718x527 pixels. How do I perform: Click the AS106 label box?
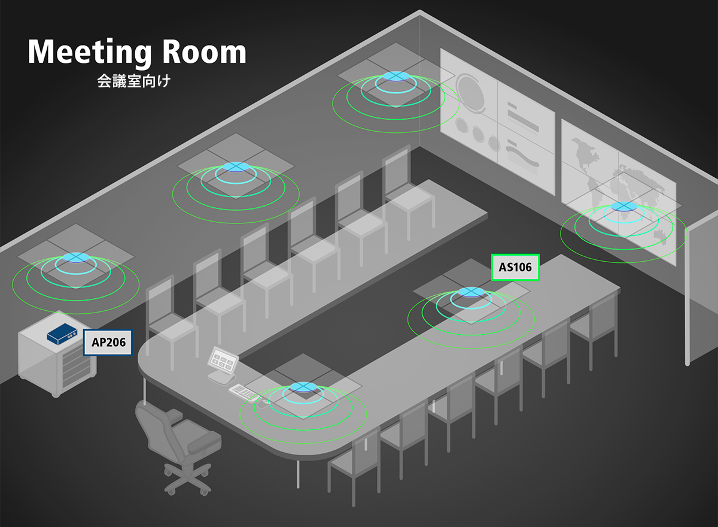click(x=515, y=268)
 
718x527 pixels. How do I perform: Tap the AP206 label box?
click(x=108, y=343)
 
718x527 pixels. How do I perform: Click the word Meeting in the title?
click(x=88, y=53)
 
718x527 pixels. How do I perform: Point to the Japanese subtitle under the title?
click(x=134, y=81)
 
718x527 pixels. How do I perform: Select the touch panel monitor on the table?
click(x=223, y=361)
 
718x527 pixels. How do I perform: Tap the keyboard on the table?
click(x=244, y=392)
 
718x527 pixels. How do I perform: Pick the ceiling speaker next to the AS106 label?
click(x=470, y=293)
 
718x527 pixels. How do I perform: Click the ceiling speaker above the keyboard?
click(x=303, y=387)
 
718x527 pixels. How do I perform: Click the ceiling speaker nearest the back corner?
click(x=395, y=77)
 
